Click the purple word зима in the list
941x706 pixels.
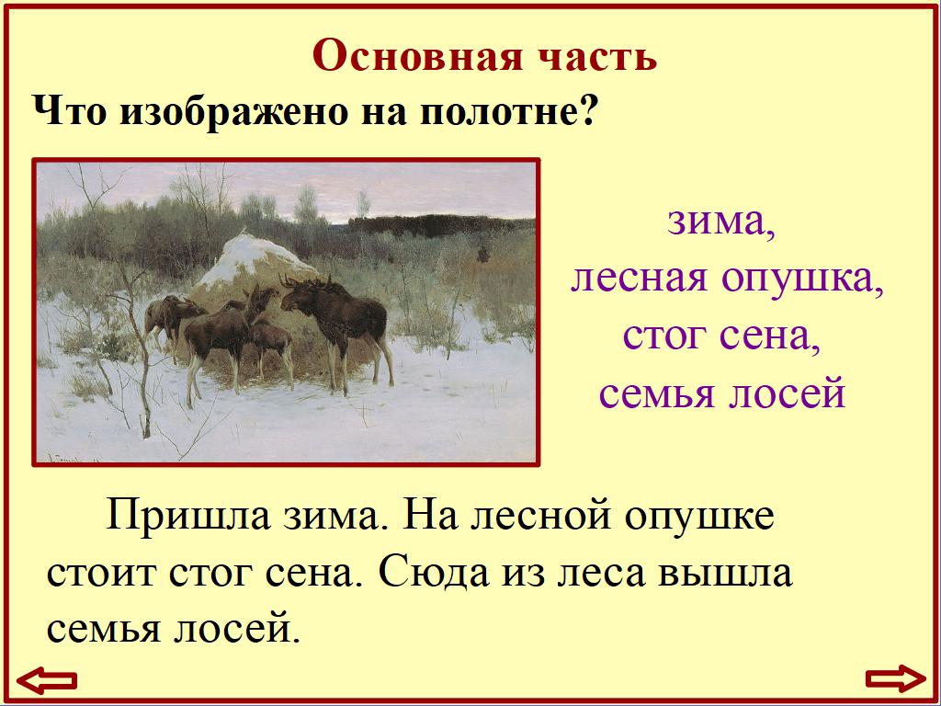pos(720,222)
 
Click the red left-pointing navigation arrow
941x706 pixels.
pos(48,680)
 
